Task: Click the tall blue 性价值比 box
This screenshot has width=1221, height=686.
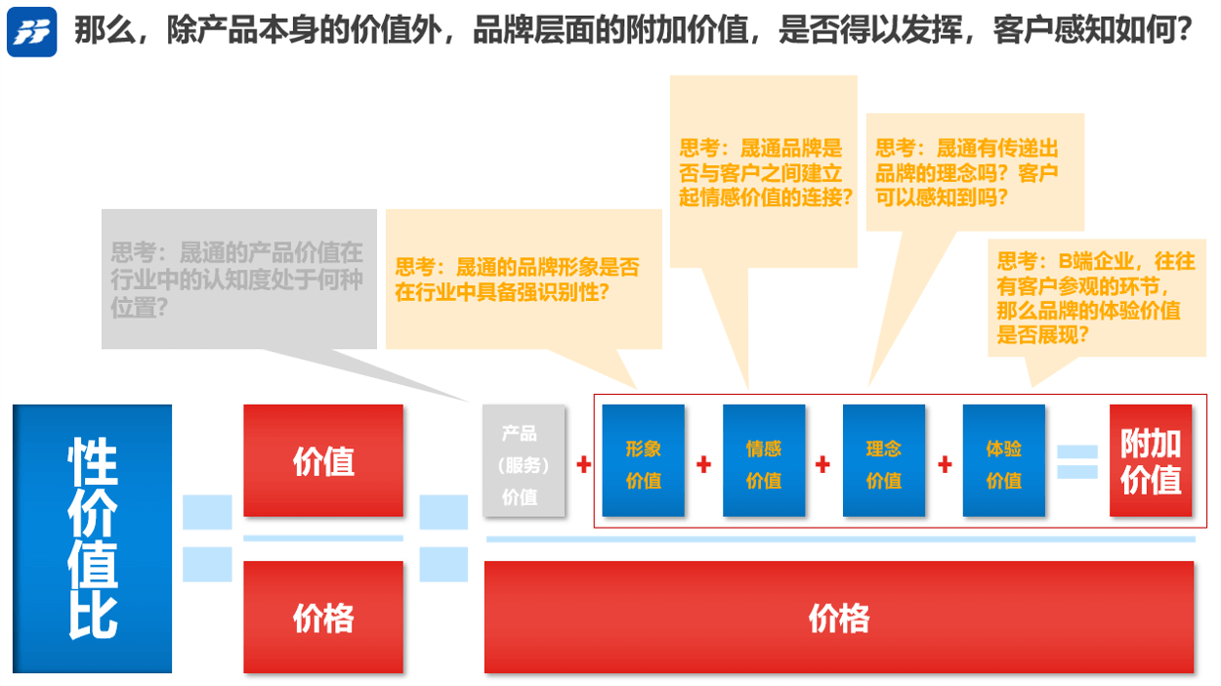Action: tap(93, 538)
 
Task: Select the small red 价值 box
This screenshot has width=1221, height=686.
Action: tap(323, 460)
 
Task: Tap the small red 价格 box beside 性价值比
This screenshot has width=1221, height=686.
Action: tap(323, 617)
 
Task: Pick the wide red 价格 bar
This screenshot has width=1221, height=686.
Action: tap(839, 617)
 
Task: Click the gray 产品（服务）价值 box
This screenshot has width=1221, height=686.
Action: tap(525, 460)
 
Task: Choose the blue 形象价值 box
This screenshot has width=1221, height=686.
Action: tap(644, 461)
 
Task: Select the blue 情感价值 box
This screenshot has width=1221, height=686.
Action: tap(764, 461)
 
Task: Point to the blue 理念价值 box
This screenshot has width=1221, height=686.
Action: tap(884, 461)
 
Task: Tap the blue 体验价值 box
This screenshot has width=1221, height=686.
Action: tap(1004, 461)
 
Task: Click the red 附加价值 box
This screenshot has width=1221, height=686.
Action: tap(1151, 461)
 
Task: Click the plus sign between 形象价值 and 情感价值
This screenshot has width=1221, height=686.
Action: tap(704, 465)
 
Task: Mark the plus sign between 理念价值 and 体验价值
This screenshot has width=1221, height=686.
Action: tap(945, 465)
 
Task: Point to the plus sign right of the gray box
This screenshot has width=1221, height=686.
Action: tap(584, 465)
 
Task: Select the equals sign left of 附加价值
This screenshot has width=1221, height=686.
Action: tap(1077, 462)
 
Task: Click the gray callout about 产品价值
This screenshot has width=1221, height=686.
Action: tap(238, 279)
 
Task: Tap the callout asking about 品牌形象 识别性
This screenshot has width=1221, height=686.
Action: tap(523, 279)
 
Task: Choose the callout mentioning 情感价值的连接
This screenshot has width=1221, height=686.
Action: tap(763, 172)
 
